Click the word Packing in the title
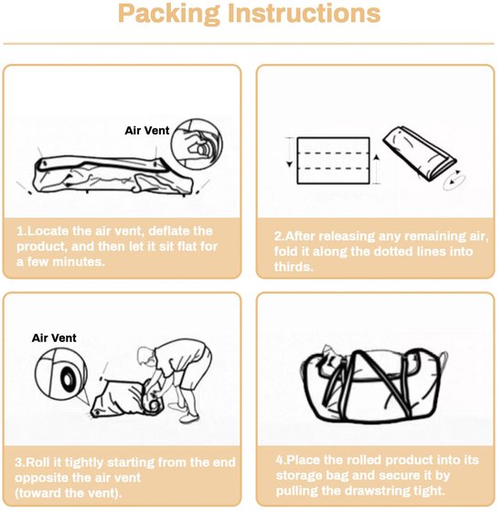point(169,14)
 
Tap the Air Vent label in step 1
point(147,131)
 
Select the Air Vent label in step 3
point(54,338)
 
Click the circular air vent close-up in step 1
point(198,145)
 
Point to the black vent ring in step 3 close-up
point(68,380)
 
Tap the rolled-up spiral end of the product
point(154,402)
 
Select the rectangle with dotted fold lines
point(333,161)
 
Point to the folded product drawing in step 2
point(420,153)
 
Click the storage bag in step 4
point(374,386)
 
